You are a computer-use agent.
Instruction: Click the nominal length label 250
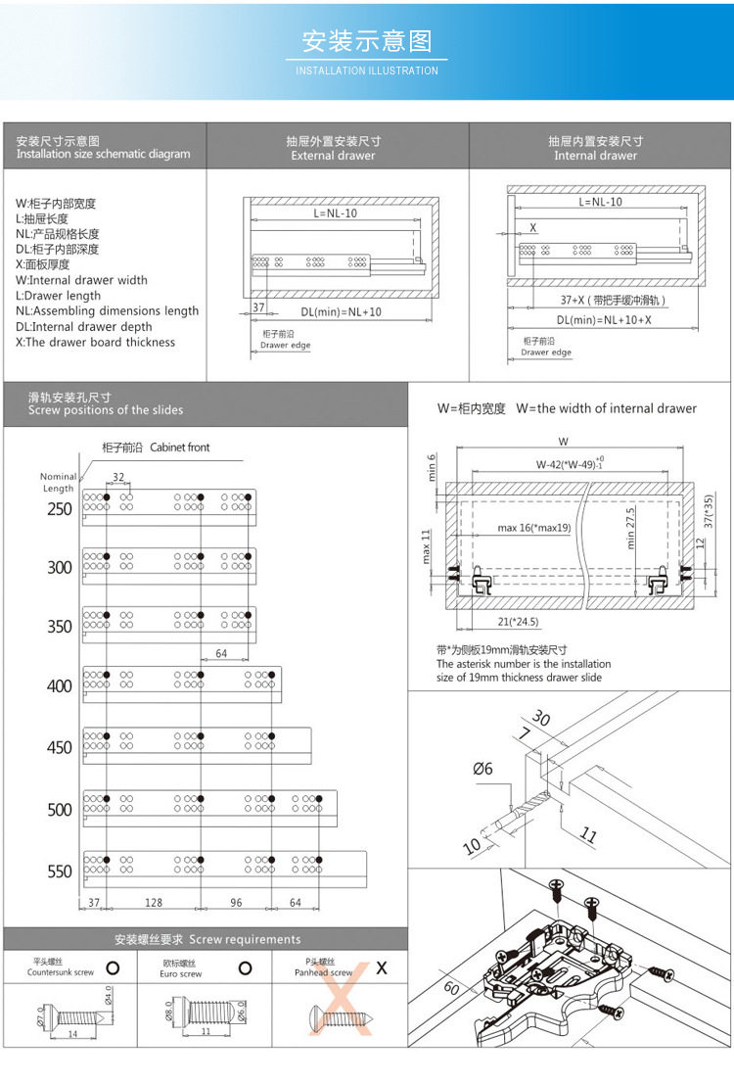click(60, 509)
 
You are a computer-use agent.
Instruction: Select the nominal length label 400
click(60, 686)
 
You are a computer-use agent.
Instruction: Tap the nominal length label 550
click(60, 872)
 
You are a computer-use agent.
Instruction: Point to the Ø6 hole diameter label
click(482, 770)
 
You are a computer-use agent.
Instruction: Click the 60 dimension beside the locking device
click(451, 989)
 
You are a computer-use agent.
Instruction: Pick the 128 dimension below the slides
click(154, 903)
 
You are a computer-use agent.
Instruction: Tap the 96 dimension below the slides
click(236, 903)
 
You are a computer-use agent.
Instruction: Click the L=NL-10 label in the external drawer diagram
click(335, 212)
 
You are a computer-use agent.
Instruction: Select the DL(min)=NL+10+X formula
click(604, 319)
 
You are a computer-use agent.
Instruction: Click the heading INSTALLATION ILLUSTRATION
click(367, 71)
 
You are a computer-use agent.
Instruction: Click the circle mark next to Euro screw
click(246, 968)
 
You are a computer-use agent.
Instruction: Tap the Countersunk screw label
click(61, 972)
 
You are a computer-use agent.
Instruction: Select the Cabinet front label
click(180, 448)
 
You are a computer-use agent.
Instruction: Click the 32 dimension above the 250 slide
click(118, 476)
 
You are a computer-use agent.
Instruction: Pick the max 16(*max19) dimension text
click(533, 529)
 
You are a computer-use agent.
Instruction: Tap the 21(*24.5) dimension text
click(516, 621)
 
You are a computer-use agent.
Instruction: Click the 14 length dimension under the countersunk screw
click(72, 1034)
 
